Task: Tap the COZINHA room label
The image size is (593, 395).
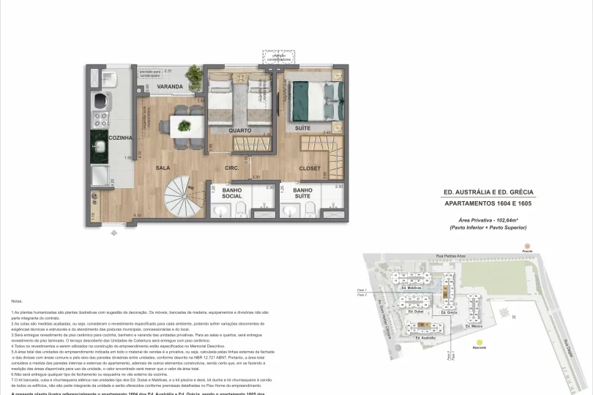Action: pyautogui.click(x=121, y=138)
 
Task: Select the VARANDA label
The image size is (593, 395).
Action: pyautogui.click(x=169, y=86)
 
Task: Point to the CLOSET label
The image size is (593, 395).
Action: pyautogui.click(x=310, y=169)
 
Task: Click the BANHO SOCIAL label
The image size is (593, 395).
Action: pyautogui.click(x=232, y=193)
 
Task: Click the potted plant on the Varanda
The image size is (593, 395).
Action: pyautogui.click(x=194, y=75)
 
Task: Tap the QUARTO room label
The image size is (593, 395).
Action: pyautogui.click(x=241, y=131)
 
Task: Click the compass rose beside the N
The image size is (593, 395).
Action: pyautogui.click(x=504, y=312)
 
